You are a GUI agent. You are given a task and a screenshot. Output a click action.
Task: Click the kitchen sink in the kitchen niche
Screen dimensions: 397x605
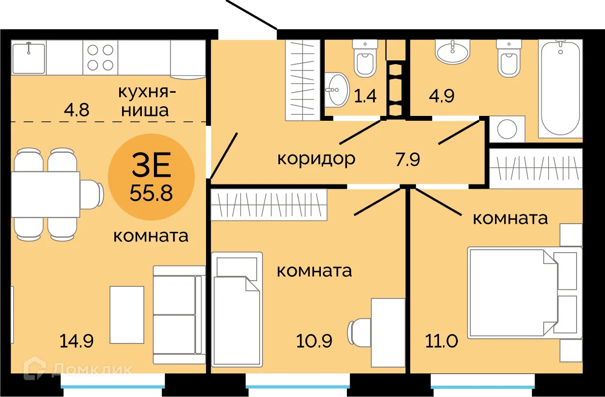pyautogui.click(x=28, y=57)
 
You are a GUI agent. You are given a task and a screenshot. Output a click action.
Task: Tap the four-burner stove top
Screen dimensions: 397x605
pyautogui.click(x=101, y=57)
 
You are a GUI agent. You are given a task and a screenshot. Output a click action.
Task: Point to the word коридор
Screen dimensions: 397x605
pyautogui.click(x=316, y=158)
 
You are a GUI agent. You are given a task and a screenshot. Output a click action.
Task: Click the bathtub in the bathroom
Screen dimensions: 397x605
pyautogui.click(x=560, y=88)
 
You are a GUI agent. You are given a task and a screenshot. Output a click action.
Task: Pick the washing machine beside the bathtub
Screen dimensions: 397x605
pyautogui.click(x=507, y=129)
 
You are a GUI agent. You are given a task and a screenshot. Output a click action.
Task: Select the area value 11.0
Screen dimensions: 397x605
pyautogui.click(x=441, y=341)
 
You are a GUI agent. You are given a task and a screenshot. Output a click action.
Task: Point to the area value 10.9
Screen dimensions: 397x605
pyautogui.click(x=314, y=341)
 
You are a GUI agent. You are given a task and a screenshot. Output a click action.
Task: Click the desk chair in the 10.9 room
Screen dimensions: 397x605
pyautogui.click(x=358, y=332)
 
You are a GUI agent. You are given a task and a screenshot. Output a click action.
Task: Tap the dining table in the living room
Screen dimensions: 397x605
pyautogui.click(x=45, y=194)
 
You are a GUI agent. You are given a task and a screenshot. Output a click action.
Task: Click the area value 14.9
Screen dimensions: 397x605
pyautogui.click(x=77, y=341)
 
